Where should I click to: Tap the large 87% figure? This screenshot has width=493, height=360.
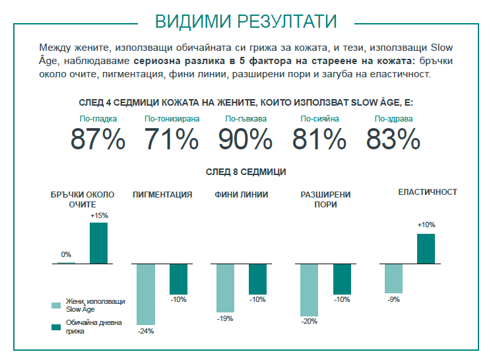click(x=98, y=139)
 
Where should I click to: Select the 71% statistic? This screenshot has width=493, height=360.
click(x=171, y=139)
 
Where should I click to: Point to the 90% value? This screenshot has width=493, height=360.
click(x=245, y=139)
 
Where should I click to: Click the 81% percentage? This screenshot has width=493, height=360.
click(x=319, y=139)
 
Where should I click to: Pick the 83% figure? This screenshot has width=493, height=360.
click(x=393, y=139)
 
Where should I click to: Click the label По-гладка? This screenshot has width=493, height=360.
click(x=97, y=119)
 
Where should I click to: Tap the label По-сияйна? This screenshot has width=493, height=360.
click(x=319, y=119)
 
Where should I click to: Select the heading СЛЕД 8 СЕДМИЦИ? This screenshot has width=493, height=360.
click(x=246, y=172)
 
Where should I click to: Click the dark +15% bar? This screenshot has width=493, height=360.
click(x=98, y=243)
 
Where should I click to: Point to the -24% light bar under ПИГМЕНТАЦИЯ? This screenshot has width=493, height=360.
click(x=145, y=293)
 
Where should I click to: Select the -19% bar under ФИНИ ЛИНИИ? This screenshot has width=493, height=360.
click(x=225, y=288)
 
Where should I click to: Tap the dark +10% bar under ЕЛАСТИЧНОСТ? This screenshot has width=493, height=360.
click(x=426, y=248)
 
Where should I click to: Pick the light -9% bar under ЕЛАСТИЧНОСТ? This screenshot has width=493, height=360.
click(x=393, y=278)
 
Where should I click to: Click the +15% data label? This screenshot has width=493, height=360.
click(x=99, y=215)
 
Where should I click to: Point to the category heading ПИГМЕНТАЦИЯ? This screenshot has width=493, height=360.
click(x=162, y=194)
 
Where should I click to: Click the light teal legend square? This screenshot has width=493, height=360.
click(x=56, y=305)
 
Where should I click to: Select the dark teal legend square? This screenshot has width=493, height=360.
click(x=56, y=326)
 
